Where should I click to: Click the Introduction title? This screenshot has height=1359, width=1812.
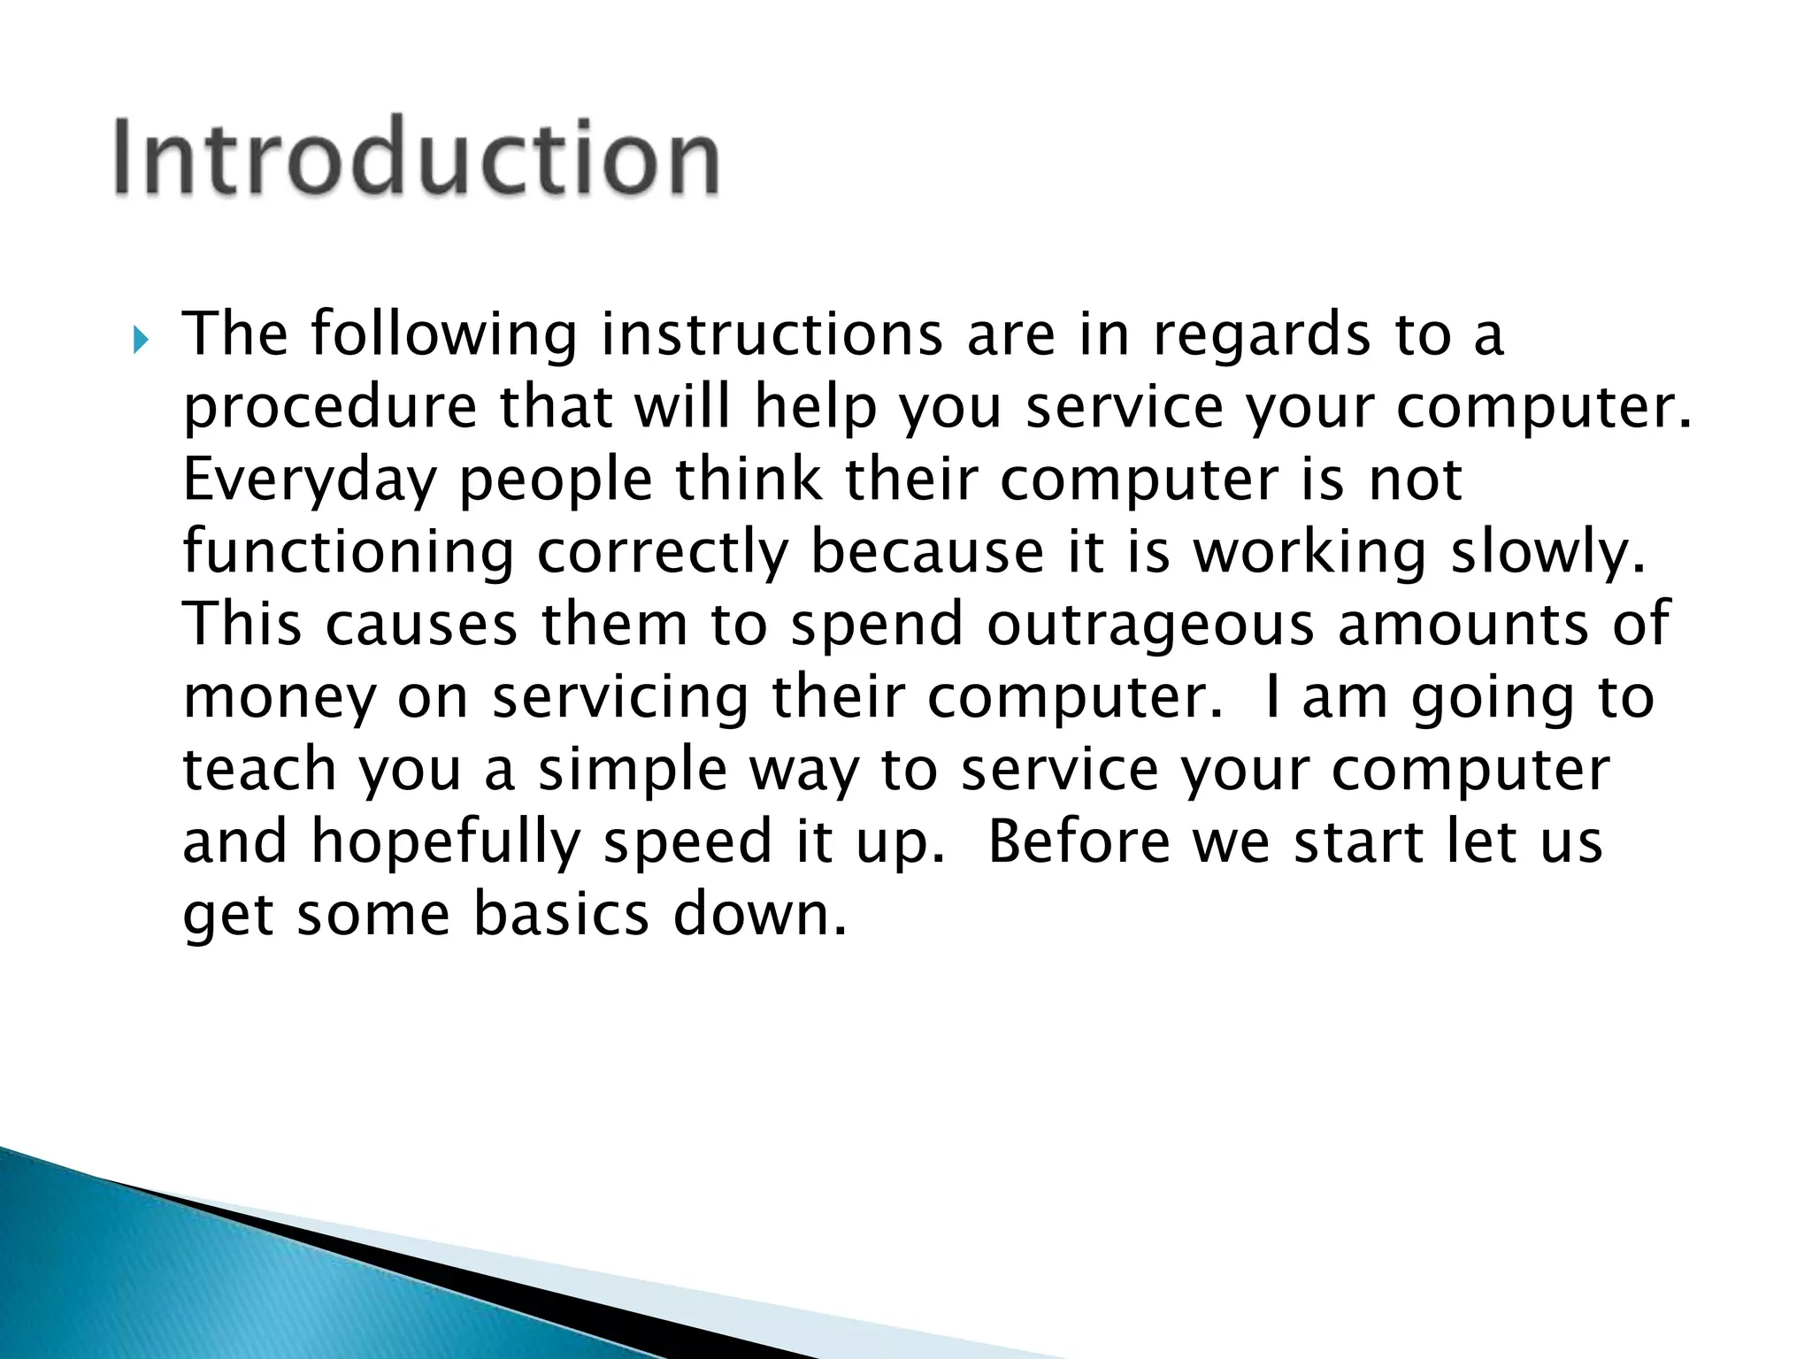416,157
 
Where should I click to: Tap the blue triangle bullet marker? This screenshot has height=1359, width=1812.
141,339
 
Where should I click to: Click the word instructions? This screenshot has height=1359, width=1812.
772,334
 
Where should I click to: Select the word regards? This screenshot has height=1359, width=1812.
1262,336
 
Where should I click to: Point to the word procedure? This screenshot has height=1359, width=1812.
330,409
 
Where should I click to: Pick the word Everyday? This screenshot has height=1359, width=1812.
310,481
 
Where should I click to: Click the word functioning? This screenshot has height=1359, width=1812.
348,552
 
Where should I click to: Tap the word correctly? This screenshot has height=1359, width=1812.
662,552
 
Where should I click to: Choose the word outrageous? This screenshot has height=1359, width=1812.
1150,625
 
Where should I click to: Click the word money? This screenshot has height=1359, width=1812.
280,697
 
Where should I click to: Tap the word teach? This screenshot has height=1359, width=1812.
259,768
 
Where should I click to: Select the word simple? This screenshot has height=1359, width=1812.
633,770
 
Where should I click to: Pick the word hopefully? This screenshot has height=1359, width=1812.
445,842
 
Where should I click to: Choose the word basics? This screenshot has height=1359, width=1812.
562,913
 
